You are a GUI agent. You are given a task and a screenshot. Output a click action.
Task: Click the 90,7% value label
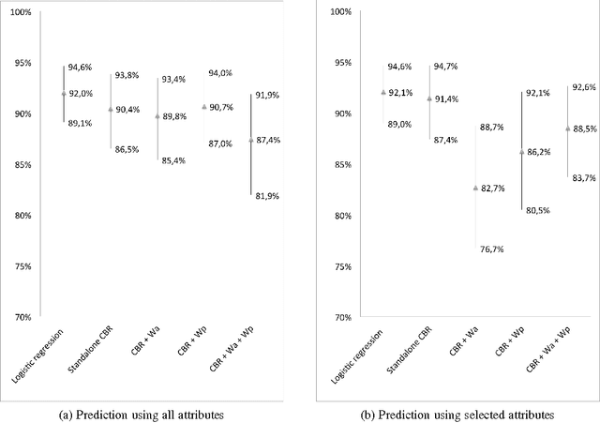[222, 107]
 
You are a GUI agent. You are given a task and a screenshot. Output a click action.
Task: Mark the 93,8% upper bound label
[127, 75]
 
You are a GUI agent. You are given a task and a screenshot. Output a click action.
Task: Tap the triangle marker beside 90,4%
[111, 110]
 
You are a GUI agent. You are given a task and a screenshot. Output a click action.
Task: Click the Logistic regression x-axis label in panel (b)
[367, 355]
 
